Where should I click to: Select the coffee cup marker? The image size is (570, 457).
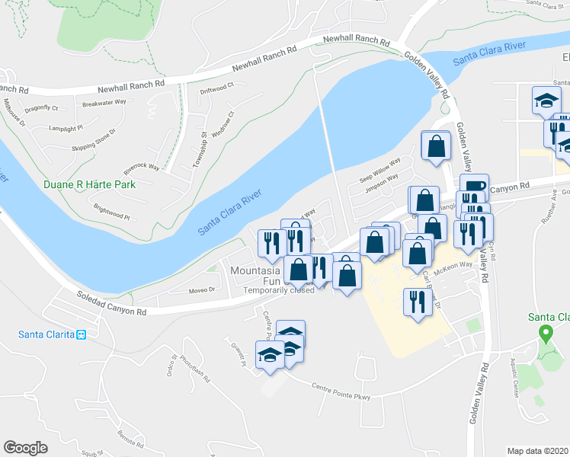tap(472, 186)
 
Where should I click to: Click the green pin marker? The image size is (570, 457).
tap(545, 333)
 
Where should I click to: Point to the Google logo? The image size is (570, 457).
tap(25, 447)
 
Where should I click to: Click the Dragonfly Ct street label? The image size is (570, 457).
tap(41, 108)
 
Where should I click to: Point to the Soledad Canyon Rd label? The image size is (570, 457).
tap(111, 305)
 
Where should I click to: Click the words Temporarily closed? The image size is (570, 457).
tap(278, 290)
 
